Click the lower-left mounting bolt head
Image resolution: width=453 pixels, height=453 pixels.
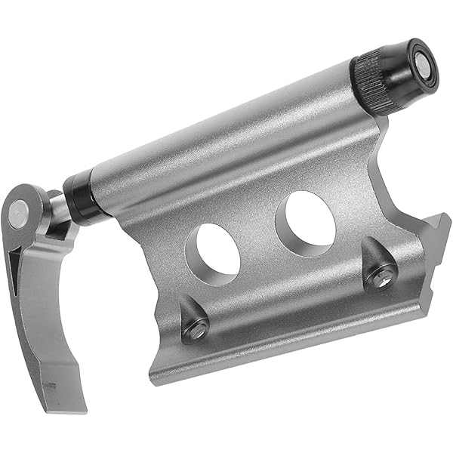coord(197,327)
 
